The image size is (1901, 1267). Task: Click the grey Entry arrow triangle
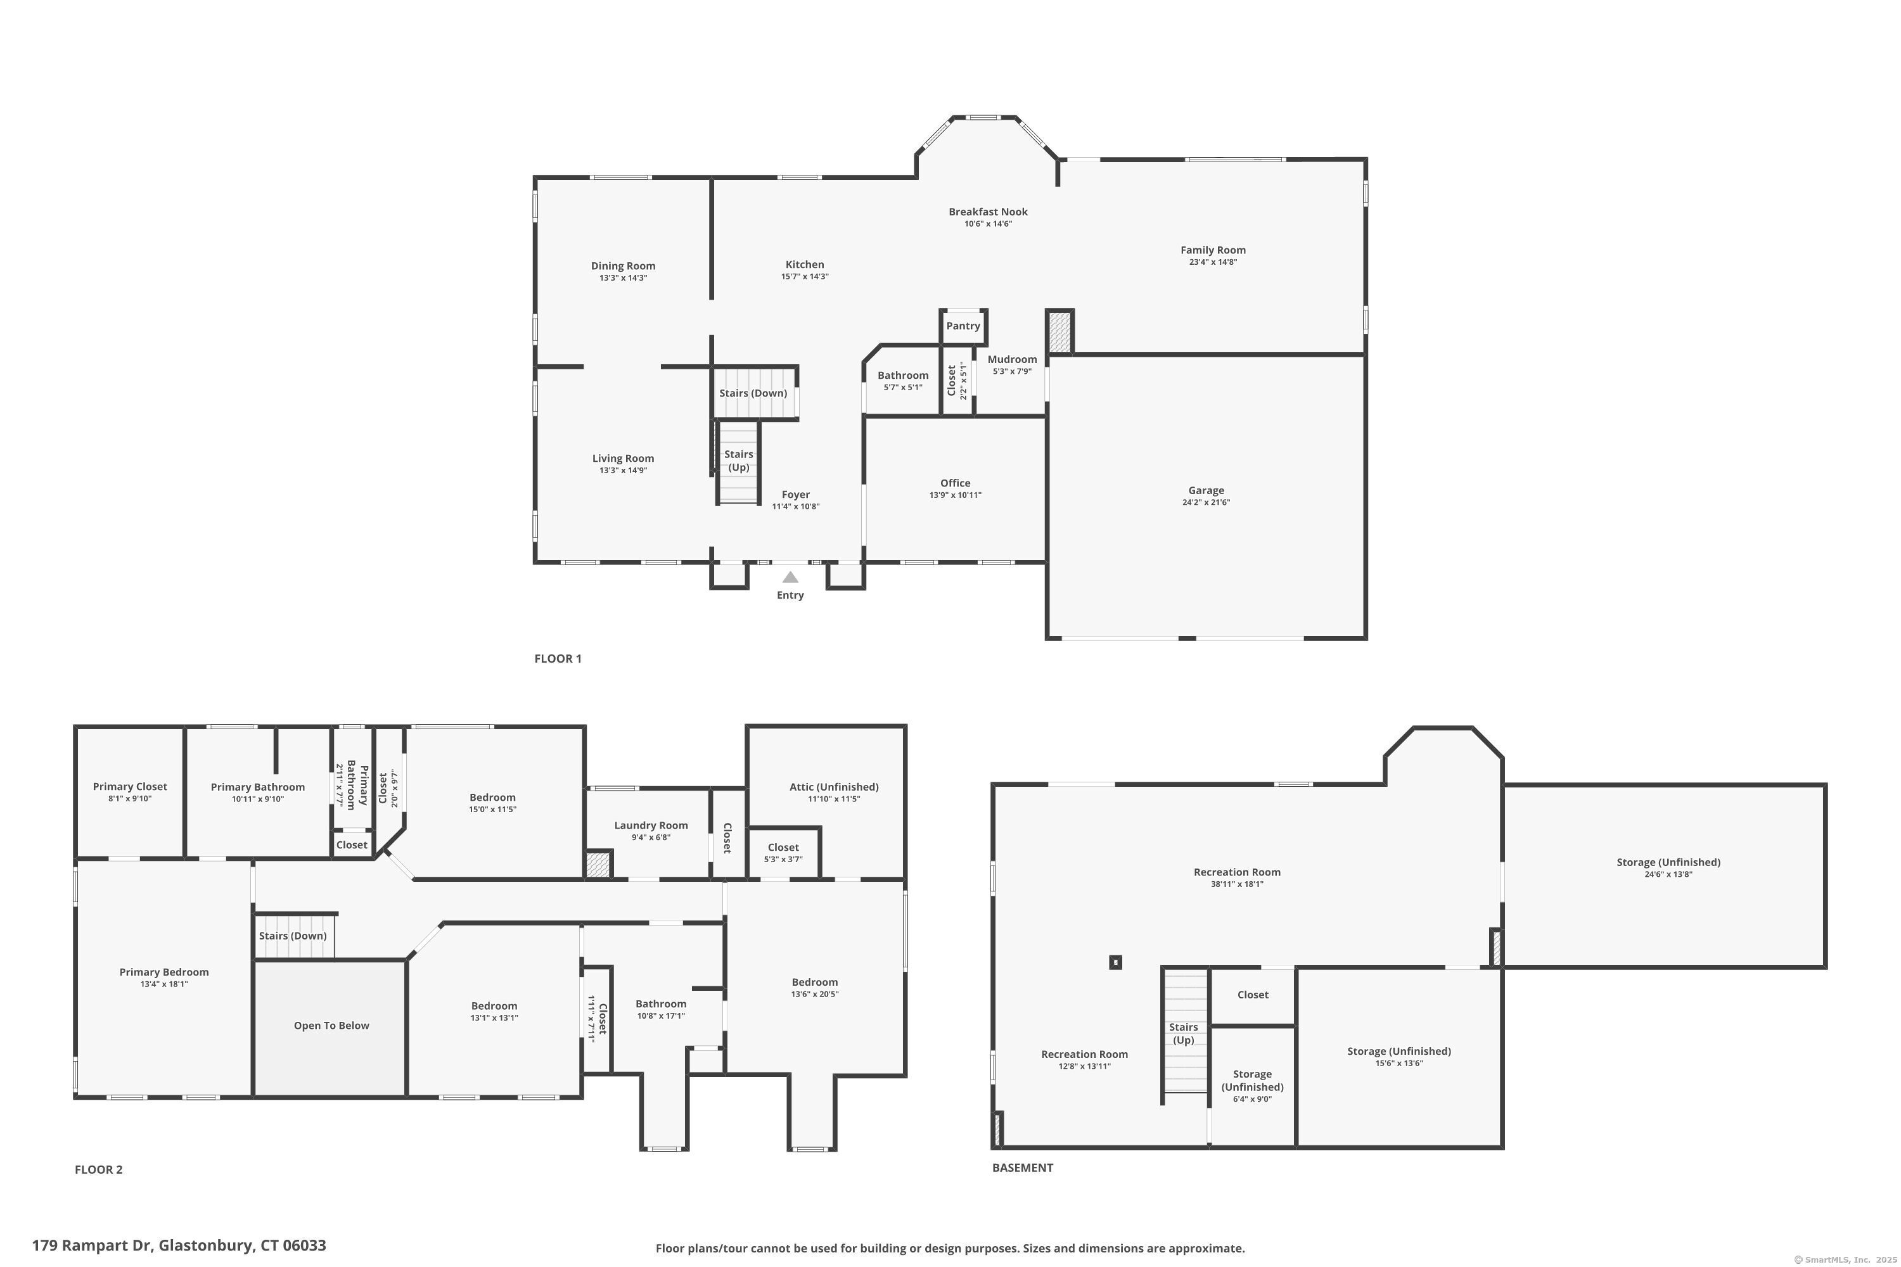pyautogui.click(x=790, y=577)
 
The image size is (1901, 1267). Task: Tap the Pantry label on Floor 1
pyautogui.click(x=963, y=326)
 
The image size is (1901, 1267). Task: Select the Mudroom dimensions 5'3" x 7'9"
pyautogui.click(x=1012, y=372)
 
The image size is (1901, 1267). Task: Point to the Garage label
pyautogui.click(x=1206, y=490)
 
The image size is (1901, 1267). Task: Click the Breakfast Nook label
pyautogui.click(x=988, y=212)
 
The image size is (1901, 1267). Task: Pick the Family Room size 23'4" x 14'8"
pyautogui.click(x=1212, y=262)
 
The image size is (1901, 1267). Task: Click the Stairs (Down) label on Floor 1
pyautogui.click(x=753, y=393)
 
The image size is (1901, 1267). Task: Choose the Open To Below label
pyautogui.click(x=331, y=1026)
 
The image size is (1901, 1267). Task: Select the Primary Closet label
pyautogui.click(x=129, y=786)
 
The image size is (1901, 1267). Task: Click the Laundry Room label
pyautogui.click(x=651, y=825)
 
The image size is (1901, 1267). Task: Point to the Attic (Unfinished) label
pyautogui.click(x=833, y=786)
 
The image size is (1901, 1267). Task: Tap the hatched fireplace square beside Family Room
pyautogui.click(x=1059, y=332)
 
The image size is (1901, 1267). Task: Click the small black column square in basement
pyautogui.click(x=1115, y=962)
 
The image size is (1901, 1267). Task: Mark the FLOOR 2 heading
pyautogui.click(x=99, y=1169)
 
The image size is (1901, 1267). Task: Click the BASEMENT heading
pyautogui.click(x=1023, y=1168)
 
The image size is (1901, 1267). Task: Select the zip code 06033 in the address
pyautogui.click(x=304, y=1245)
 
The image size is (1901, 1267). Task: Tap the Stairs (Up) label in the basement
pyautogui.click(x=1183, y=1033)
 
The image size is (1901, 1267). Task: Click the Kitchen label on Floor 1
pyautogui.click(x=804, y=264)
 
